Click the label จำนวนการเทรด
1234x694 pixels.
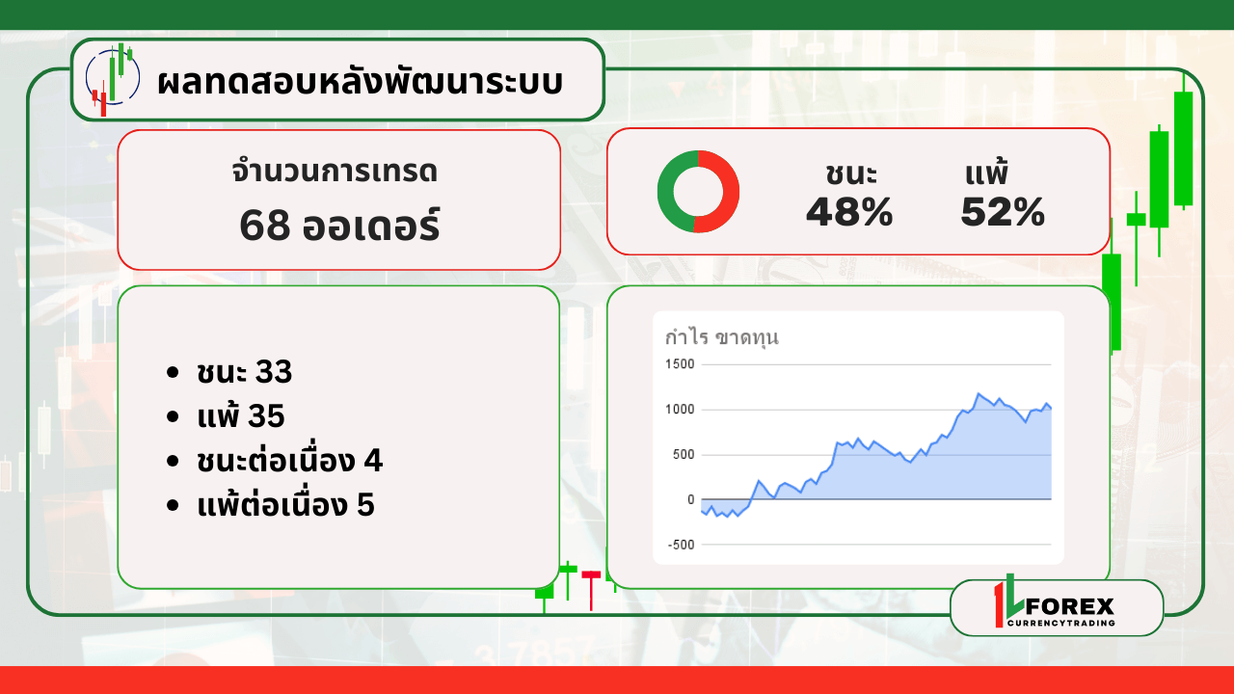coord(335,172)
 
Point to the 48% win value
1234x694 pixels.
coord(849,212)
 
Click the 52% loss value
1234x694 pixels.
coord(1003,212)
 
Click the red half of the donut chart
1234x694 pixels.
coord(723,192)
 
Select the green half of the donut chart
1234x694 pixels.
coord(672,192)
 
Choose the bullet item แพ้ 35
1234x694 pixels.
coord(239,416)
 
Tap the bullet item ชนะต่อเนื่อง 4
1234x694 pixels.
coord(288,461)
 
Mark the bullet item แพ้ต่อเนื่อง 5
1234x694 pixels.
coord(284,505)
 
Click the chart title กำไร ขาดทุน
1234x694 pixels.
coord(722,337)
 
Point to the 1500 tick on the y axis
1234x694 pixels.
coord(680,364)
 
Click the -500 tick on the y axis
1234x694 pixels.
coord(681,545)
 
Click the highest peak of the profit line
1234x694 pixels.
coord(979,393)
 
